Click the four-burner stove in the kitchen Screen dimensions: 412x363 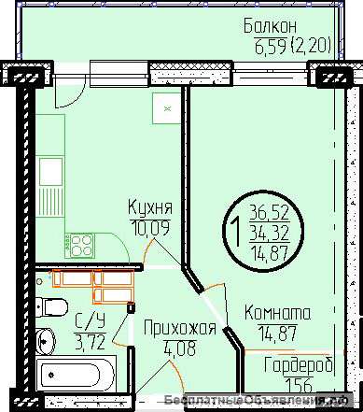coord(78,245)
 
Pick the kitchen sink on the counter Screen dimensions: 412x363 coord(50,174)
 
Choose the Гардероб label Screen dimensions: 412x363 coord(298,365)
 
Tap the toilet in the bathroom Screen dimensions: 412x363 coord(54,308)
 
